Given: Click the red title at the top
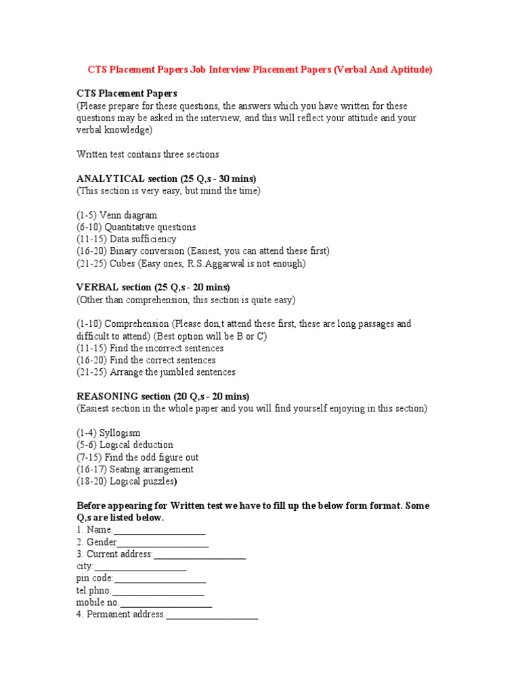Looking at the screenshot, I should click(x=260, y=70).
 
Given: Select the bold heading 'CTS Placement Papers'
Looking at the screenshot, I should click(x=127, y=93).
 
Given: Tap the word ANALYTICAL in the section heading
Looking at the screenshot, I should click(x=110, y=179).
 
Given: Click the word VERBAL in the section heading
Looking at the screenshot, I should click(x=97, y=287).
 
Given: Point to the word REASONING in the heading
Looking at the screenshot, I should click(x=108, y=396).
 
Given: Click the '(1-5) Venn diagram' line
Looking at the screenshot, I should click(x=116, y=215).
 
